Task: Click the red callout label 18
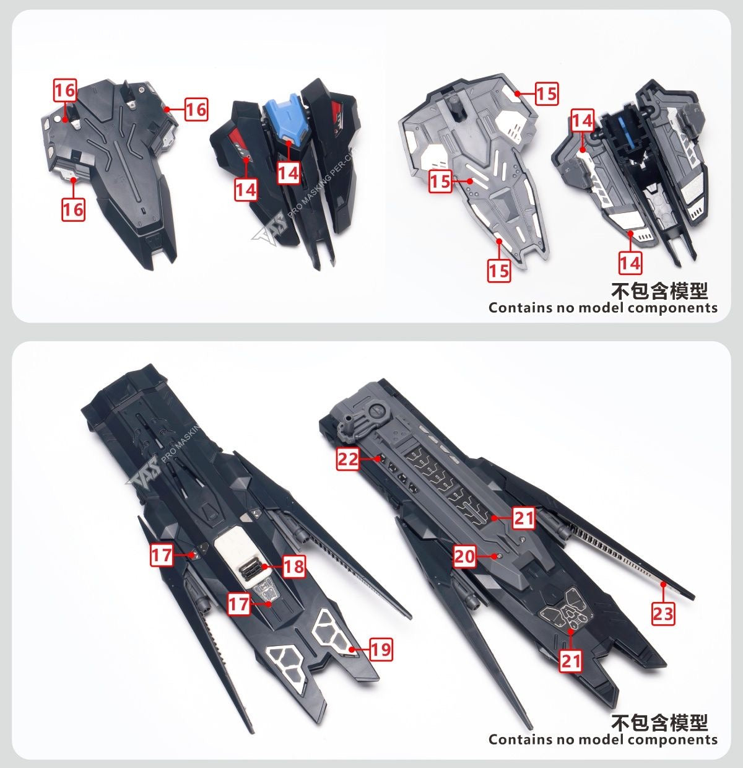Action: click(x=295, y=565)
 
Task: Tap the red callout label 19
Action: click(x=381, y=649)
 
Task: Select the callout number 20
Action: click(x=464, y=556)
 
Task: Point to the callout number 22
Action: click(x=348, y=459)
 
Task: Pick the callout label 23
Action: click(x=663, y=614)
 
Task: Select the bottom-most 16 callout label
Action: click(x=72, y=209)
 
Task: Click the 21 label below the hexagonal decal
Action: click(x=571, y=660)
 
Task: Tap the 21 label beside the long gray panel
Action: click(x=524, y=517)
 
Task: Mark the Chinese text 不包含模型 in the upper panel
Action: click(x=659, y=290)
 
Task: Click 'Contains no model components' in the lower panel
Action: click(x=602, y=740)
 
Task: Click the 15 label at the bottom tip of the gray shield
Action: click(x=499, y=271)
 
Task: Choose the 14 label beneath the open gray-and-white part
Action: click(x=630, y=263)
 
